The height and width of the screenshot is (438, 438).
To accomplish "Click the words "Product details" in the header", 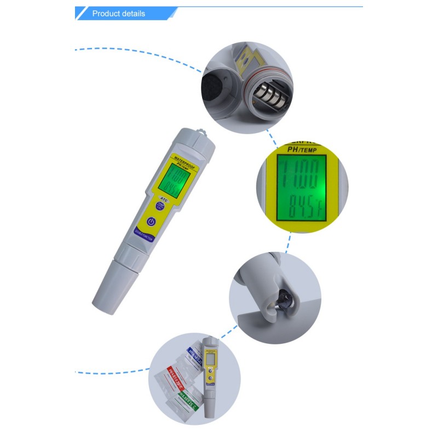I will click(x=119, y=14).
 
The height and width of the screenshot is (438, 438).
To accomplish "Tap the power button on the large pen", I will click(x=152, y=223).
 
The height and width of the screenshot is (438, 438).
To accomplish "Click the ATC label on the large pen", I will click(x=164, y=200).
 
